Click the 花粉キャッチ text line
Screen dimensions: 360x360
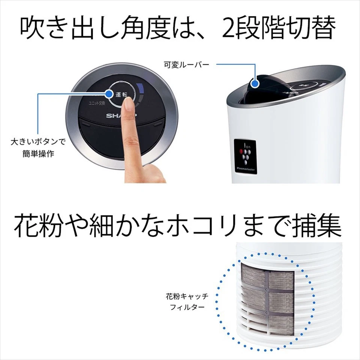(187, 297)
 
